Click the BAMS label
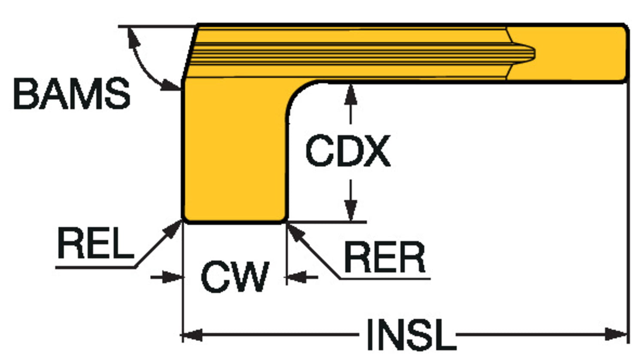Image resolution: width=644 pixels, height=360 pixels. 72,94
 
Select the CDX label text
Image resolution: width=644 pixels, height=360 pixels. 348,151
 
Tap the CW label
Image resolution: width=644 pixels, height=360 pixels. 235,277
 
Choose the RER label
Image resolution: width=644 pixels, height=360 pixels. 385,258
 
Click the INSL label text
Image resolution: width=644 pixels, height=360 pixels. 410,335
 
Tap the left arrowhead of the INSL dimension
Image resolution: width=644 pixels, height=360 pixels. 191,334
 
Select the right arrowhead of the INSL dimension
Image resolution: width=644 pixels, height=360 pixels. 618,334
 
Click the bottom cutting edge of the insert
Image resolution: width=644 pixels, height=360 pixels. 234,222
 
